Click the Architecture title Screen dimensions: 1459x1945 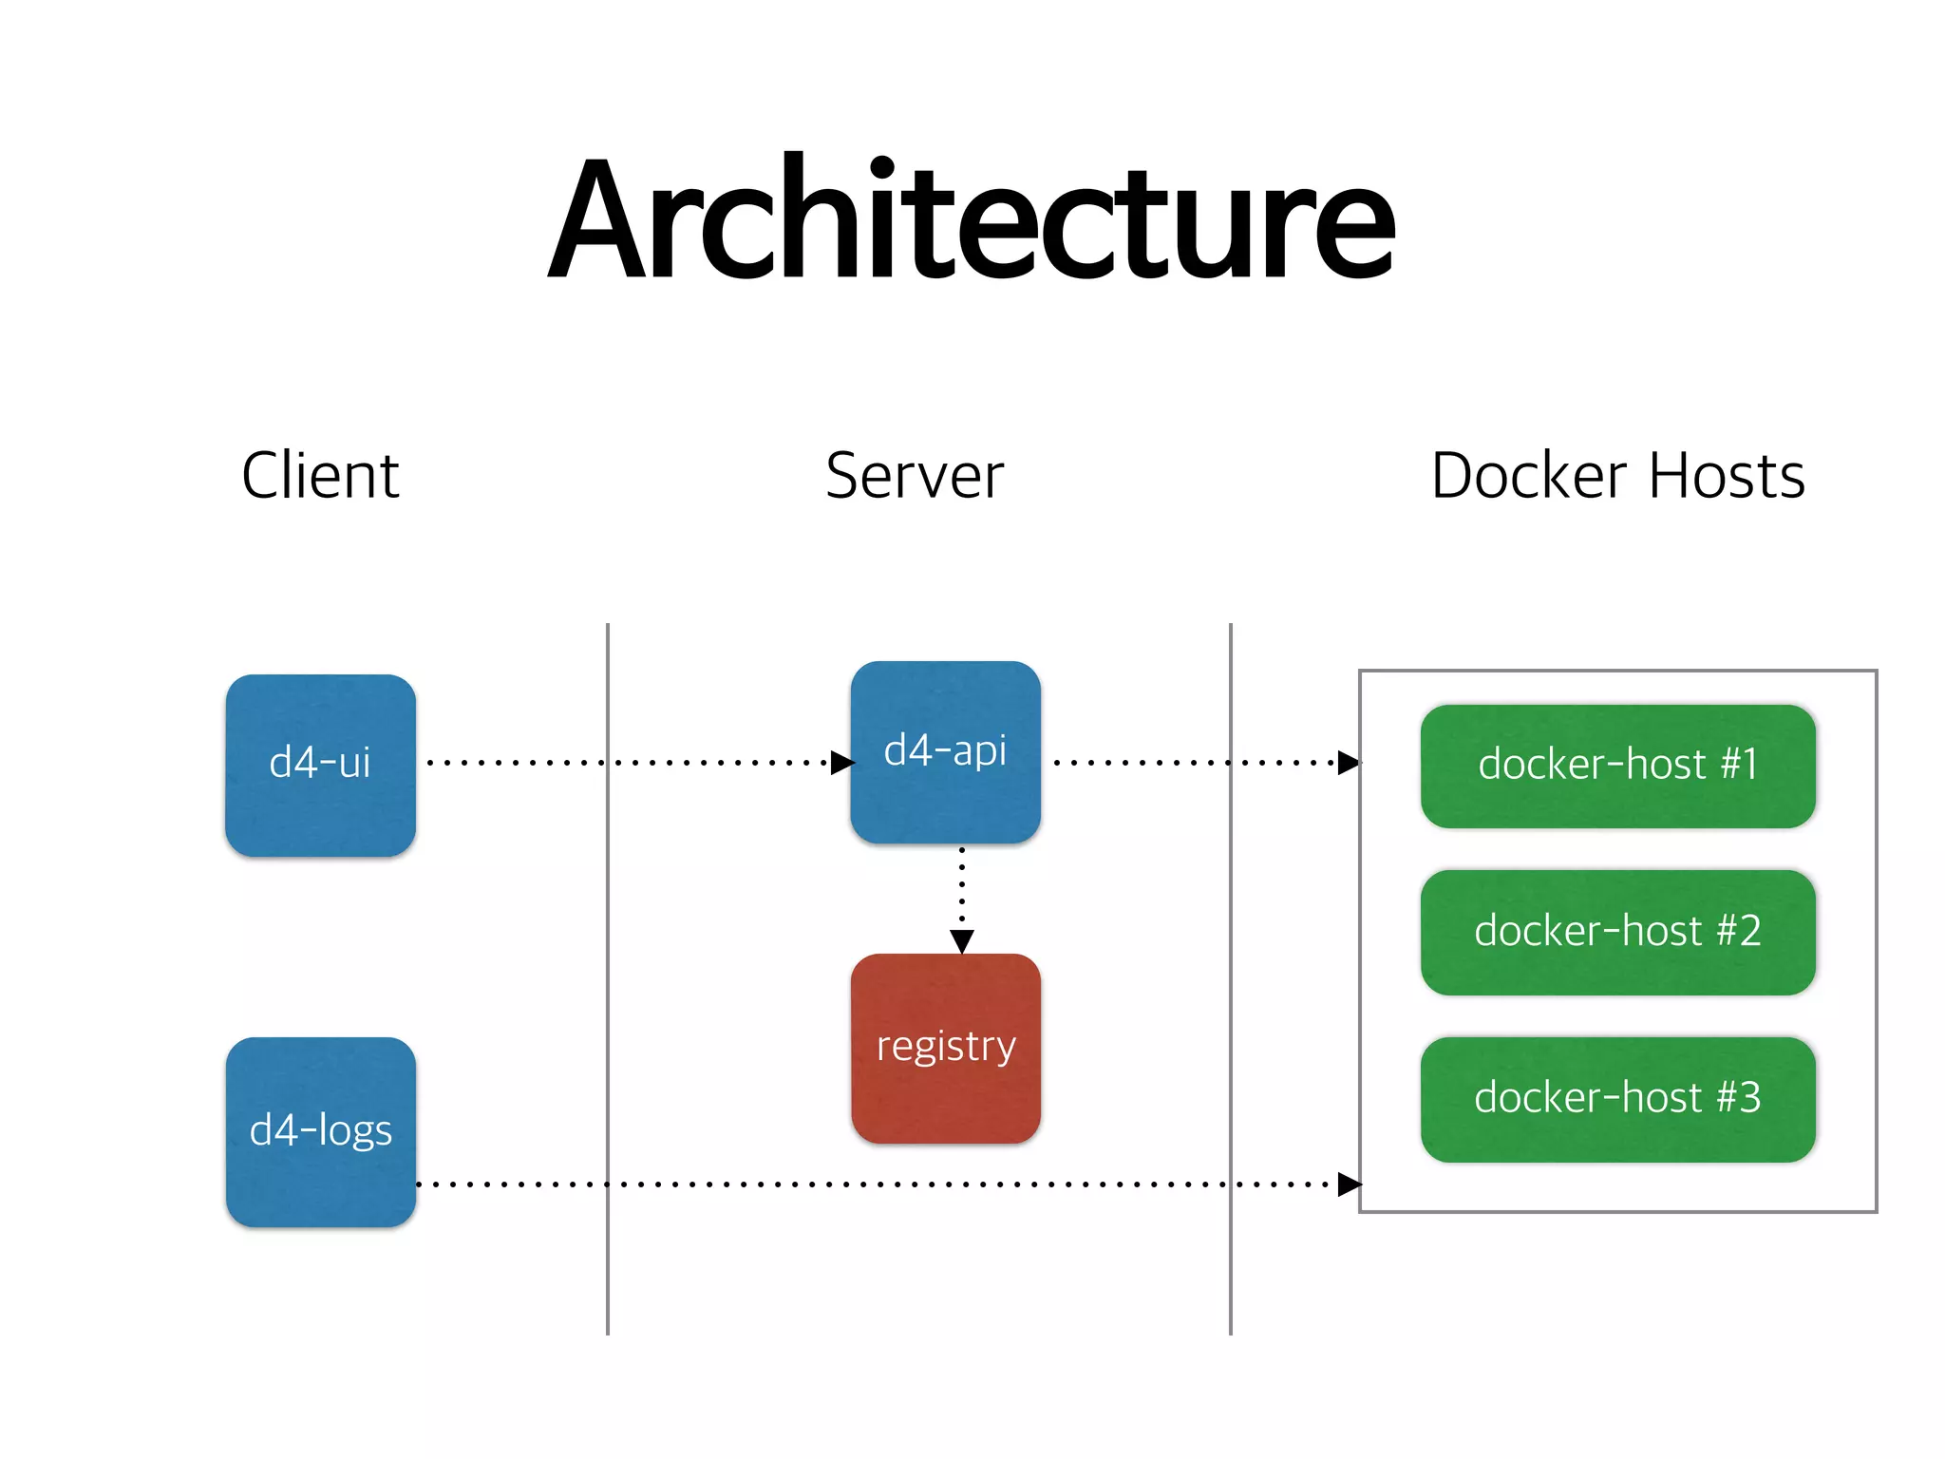click(x=971, y=220)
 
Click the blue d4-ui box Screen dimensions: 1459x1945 click(x=320, y=765)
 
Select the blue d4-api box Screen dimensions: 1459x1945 click(x=945, y=751)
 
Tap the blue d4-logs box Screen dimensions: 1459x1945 click(x=320, y=1131)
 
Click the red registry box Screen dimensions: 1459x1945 click(x=945, y=1048)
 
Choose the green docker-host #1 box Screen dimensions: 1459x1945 click(x=1617, y=766)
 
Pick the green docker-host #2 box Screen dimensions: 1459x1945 click(x=1617, y=932)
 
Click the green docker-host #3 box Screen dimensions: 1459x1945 click(x=1617, y=1099)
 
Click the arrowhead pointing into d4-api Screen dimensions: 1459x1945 click(x=841, y=762)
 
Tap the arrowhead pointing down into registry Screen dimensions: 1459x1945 click(x=961, y=941)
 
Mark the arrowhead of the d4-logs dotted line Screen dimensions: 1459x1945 click(x=1349, y=1184)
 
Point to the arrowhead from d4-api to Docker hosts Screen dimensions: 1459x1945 click(x=1349, y=762)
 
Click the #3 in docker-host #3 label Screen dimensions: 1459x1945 click(x=1739, y=1098)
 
